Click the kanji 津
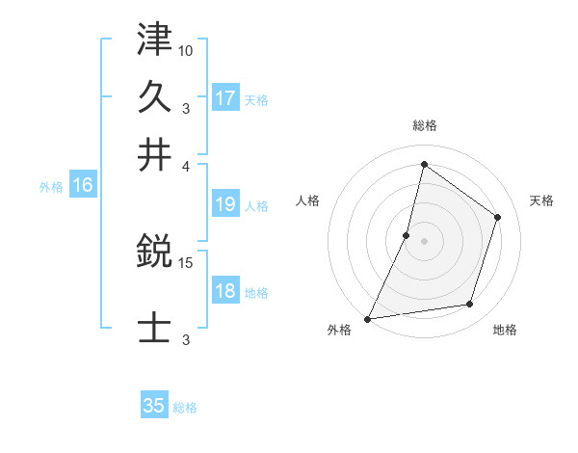[x=155, y=40]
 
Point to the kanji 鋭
[x=155, y=253]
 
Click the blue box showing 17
[x=225, y=98]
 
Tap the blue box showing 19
[x=225, y=204]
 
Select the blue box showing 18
[x=225, y=291]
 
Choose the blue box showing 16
[x=83, y=186]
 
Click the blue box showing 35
[x=154, y=406]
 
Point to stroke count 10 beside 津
[x=186, y=50]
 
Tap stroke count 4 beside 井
[x=186, y=165]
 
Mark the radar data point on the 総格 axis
[x=424, y=165]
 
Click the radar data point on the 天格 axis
[x=498, y=217]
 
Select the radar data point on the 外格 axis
[x=368, y=318]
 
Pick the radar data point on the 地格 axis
[x=470, y=305]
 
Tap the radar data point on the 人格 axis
[x=407, y=235]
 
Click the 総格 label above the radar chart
[x=425, y=125]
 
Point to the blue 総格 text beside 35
[x=185, y=407]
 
